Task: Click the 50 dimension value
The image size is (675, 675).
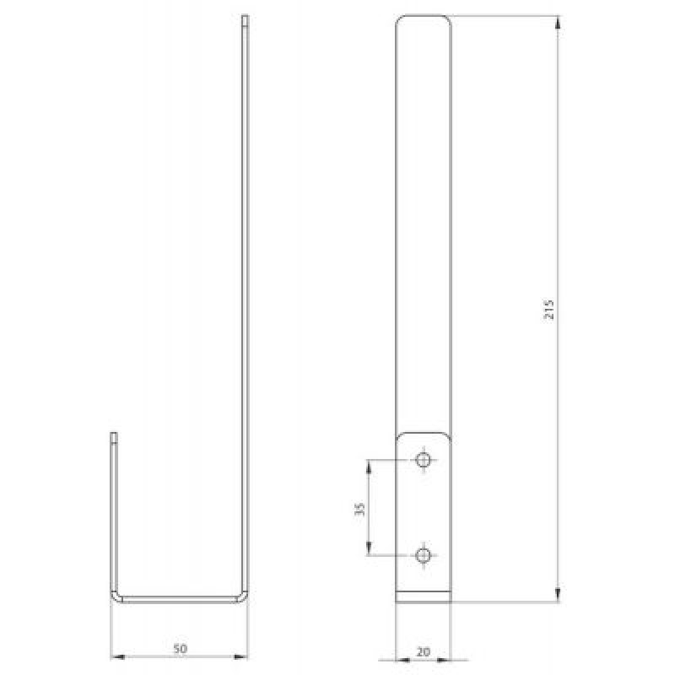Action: click(181, 648)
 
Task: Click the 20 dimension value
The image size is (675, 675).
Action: click(424, 651)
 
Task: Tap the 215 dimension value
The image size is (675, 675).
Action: click(549, 309)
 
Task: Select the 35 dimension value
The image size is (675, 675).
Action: click(360, 509)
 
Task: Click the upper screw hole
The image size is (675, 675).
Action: click(424, 460)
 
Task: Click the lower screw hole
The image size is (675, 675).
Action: click(424, 555)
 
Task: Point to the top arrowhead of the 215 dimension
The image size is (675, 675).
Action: click(558, 23)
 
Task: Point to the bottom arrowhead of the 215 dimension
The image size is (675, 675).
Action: click(558, 596)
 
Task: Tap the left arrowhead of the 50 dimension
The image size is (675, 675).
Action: click(117, 657)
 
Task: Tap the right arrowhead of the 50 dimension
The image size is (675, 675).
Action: click(241, 657)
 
